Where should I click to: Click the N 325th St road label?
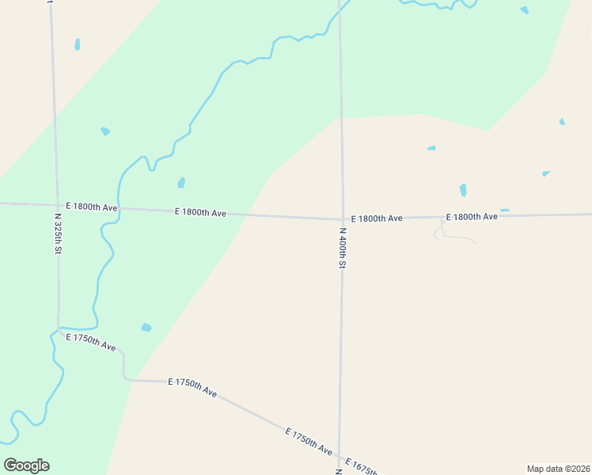(58, 233)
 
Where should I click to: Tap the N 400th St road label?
(343, 249)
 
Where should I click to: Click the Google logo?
(26, 465)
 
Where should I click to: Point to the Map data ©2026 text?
(558, 469)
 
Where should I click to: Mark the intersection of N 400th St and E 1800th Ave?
(342, 218)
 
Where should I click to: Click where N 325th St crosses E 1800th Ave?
(56, 205)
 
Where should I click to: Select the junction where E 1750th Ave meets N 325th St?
(59, 329)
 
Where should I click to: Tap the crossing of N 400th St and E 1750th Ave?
(340, 457)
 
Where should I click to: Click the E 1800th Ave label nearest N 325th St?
(92, 207)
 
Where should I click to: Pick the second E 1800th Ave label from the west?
(201, 212)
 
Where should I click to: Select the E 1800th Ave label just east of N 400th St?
(377, 218)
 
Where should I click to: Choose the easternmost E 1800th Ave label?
(472, 216)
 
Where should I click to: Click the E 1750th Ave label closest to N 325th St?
(92, 342)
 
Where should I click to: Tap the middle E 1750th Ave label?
(192, 387)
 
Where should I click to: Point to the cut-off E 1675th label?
(361, 465)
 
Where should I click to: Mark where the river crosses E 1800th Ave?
(120, 209)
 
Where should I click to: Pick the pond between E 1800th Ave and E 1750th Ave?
(146, 327)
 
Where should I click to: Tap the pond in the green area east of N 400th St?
(524, 9)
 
